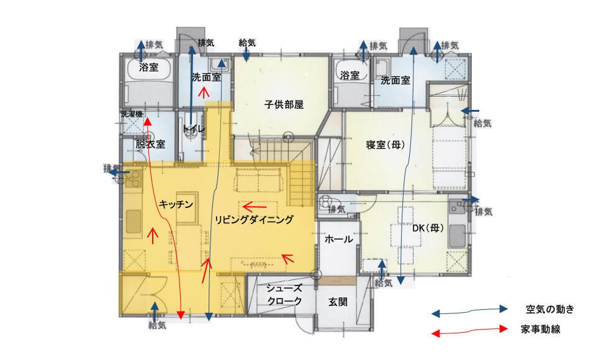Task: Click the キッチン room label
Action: (x=176, y=204)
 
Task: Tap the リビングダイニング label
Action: (x=254, y=219)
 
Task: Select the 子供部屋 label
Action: (x=284, y=104)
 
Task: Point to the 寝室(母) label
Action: (x=385, y=145)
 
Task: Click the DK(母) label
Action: (x=428, y=228)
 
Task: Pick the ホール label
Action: (x=339, y=239)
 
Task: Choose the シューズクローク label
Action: (x=284, y=295)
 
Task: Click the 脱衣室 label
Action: (x=150, y=144)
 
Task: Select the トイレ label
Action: (x=194, y=128)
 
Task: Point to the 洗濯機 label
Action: (x=132, y=114)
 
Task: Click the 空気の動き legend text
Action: (x=549, y=310)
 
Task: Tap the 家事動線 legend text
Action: (x=541, y=329)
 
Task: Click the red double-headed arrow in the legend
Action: (x=470, y=331)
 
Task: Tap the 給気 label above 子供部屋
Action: (x=247, y=43)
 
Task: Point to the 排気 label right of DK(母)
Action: (x=484, y=212)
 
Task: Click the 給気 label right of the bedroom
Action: (x=482, y=123)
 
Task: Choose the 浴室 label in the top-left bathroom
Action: (x=148, y=67)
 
